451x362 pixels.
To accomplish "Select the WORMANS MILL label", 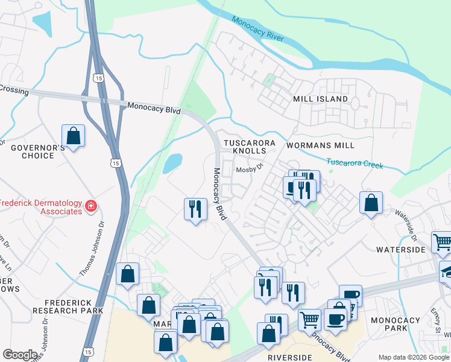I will pyautogui.click(x=320, y=145).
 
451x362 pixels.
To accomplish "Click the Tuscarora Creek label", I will pyautogui.click(x=355, y=164).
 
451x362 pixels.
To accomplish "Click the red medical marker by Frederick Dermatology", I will pyautogui.click(x=91, y=206).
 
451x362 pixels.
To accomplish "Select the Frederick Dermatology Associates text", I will pyautogui.click(x=41, y=207).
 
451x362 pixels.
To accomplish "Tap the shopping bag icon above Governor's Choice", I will pyautogui.click(x=73, y=136).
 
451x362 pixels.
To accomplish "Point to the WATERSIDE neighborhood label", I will pyautogui.click(x=400, y=249).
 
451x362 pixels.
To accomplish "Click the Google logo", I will pyautogui.click(x=20, y=354).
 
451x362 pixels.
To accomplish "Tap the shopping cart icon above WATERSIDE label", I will pyautogui.click(x=442, y=242).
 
